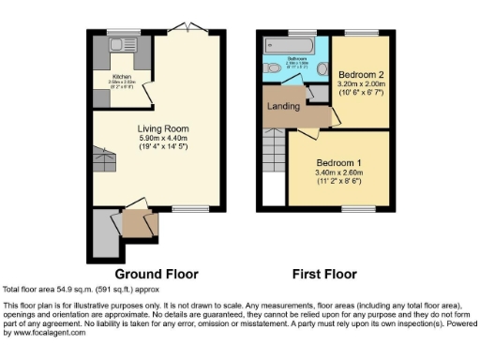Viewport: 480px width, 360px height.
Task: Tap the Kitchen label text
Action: pos(122,76)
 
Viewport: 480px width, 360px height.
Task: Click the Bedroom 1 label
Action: pos(338,161)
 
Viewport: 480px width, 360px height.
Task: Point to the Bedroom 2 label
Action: pos(360,73)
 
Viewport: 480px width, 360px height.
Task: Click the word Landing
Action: pos(283,106)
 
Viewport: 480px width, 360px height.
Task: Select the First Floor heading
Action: pos(320,275)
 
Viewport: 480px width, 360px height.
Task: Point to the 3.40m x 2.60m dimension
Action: pos(338,172)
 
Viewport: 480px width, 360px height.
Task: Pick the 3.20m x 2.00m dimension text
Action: pos(360,83)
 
